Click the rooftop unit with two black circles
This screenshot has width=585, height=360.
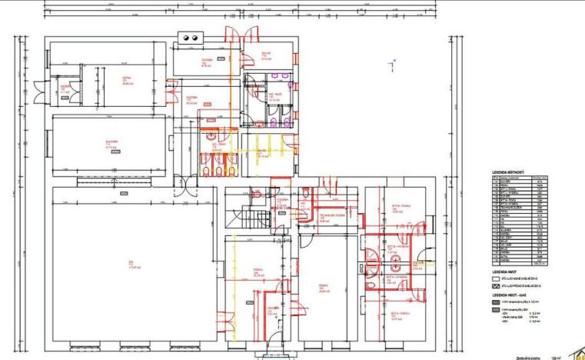click(x=190, y=37)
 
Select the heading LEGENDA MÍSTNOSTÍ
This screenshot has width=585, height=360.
click(x=507, y=172)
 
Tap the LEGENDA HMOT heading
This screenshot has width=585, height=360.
click(x=504, y=272)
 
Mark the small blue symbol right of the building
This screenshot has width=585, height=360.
click(x=394, y=64)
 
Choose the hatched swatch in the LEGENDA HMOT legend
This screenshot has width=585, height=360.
click(x=496, y=285)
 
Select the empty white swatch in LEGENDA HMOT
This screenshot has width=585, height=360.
click(x=496, y=279)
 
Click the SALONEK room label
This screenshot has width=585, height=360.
click(x=111, y=143)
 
